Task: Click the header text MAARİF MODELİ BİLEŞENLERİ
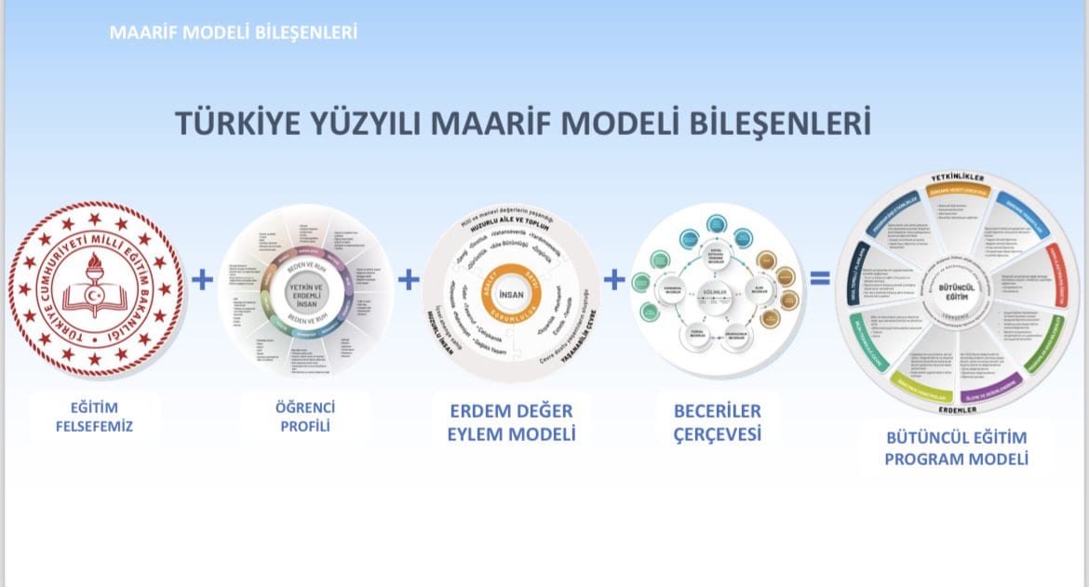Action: point(233,33)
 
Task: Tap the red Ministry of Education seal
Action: point(96,289)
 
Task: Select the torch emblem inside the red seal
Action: point(96,279)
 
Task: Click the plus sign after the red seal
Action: point(202,279)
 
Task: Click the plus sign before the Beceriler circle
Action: point(614,278)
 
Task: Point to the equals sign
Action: point(819,278)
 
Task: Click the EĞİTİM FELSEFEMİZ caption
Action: point(95,417)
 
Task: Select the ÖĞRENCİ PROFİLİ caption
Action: point(305,417)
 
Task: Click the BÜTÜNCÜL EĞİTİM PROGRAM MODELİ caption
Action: point(956,447)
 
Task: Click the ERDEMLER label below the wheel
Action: point(956,409)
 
